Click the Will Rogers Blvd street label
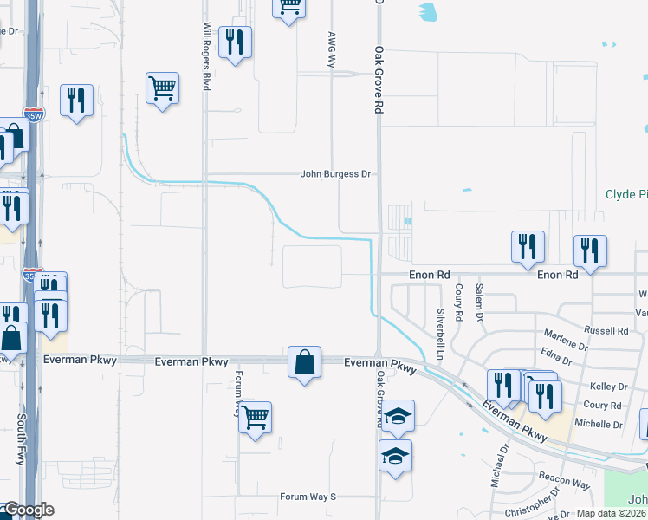pos(207,57)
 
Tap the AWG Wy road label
pos(331,49)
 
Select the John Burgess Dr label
pos(335,174)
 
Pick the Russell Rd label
pos(606,330)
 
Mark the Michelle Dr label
pos(599,424)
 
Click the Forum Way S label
pos(307,497)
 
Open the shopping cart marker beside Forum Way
pos(255,418)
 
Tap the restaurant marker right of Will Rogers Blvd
pos(235,42)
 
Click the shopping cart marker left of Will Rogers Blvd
pos(162,88)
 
